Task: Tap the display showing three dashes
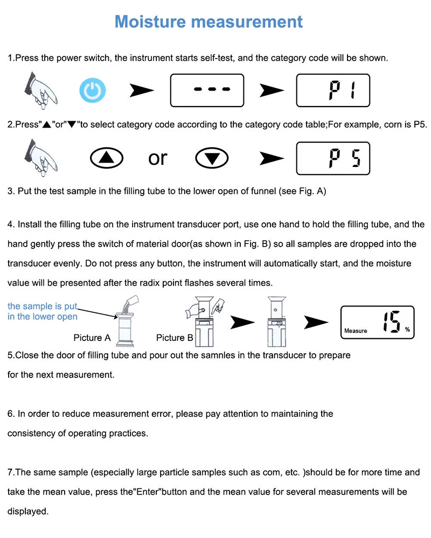pyautogui.click(x=207, y=90)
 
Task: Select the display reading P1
pyautogui.click(x=333, y=90)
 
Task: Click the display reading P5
pyautogui.click(x=333, y=158)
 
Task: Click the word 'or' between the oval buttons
pyautogui.click(x=157, y=158)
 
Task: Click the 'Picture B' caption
pyautogui.click(x=175, y=338)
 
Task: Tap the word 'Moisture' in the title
pyautogui.click(x=150, y=22)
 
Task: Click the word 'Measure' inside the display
pyautogui.click(x=356, y=331)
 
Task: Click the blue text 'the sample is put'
pyautogui.click(x=43, y=306)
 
